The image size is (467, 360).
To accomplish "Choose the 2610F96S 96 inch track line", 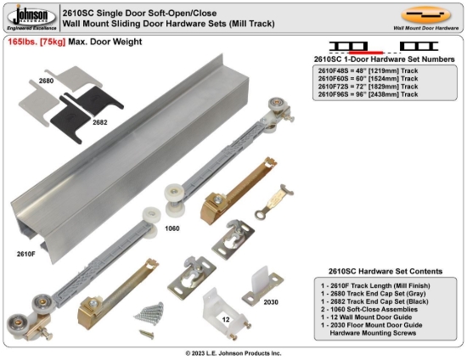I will coord(368,94).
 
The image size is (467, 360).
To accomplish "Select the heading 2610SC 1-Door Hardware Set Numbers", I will coord(380,59).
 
